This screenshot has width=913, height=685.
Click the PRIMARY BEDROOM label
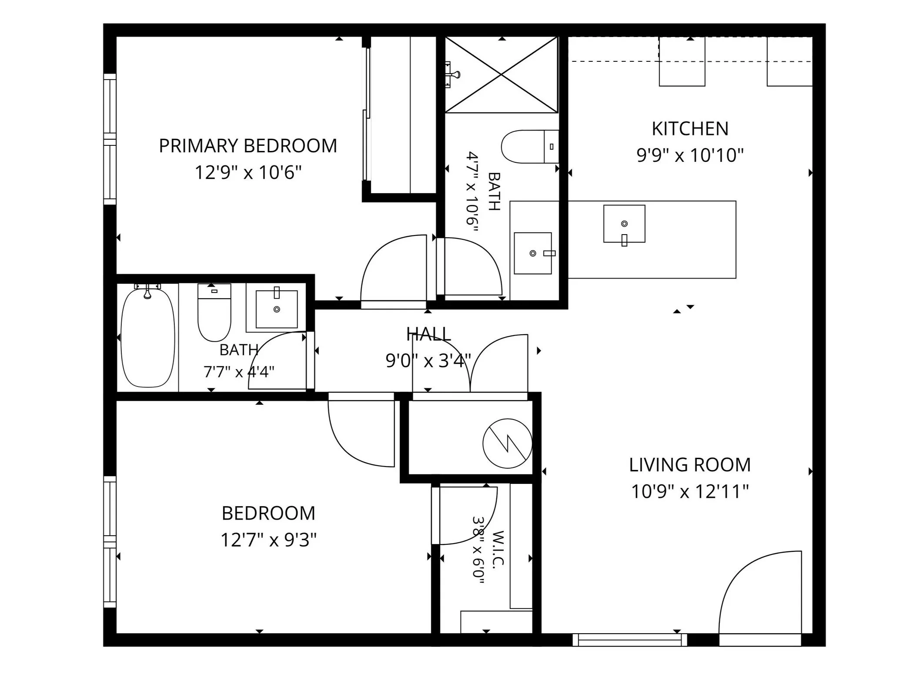pyautogui.click(x=248, y=146)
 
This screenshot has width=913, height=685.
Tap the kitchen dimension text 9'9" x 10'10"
pyautogui.click(x=690, y=155)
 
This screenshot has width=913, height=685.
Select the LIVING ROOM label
pyautogui.click(x=690, y=465)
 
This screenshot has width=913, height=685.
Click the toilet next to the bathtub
pyautogui.click(x=214, y=312)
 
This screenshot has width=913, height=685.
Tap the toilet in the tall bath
pyautogui.click(x=530, y=146)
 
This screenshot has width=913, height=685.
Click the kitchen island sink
pyautogui.click(x=624, y=224)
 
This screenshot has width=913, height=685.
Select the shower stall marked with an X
pyautogui.click(x=501, y=75)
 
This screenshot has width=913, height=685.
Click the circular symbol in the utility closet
pyautogui.click(x=507, y=443)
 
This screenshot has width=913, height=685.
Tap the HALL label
pyautogui.click(x=428, y=334)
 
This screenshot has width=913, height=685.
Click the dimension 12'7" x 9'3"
pyautogui.click(x=268, y=540)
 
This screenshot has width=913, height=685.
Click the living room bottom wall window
pyautogui.click(x=629, y=640)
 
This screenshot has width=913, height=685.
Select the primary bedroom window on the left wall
pyautogui.click(x=110, y=139)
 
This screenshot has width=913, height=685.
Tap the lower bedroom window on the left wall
pyautogui.click(x=110, y=542)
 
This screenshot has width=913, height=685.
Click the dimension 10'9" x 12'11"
pyautogui.click(x=690, y=492)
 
